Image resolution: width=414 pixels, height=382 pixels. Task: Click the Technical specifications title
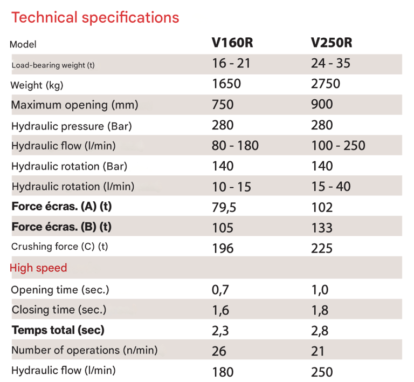point(95,17)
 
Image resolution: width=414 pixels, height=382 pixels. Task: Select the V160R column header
point(233,43)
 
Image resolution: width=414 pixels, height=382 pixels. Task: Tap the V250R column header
point(332,43)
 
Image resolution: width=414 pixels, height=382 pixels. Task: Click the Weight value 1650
point(226,84)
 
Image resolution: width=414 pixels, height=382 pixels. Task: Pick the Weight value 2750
point(326,84)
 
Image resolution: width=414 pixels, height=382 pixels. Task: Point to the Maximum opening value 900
point(322,104)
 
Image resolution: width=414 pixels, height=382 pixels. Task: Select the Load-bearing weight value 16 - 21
point(231,63)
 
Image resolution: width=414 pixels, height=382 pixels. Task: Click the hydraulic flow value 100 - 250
point(338,145)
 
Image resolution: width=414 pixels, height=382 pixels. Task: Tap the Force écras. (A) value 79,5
point(224,207)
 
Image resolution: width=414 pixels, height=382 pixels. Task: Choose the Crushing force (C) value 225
point(322,248)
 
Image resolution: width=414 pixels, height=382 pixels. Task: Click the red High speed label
point(38,268)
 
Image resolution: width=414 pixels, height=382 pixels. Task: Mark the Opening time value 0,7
point(220,290)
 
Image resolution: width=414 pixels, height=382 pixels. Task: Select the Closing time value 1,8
point(320,310)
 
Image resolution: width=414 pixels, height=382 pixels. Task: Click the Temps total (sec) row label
point(58,330)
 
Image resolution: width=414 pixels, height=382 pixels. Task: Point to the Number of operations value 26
point(219,351)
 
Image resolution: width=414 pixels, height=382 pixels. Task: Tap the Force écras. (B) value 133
point(322,228)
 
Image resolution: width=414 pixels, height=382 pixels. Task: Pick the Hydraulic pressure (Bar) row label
point(72,126)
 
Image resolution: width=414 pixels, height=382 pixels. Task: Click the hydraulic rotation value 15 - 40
point(331,187)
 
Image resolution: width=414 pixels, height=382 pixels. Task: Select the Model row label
point(23,44)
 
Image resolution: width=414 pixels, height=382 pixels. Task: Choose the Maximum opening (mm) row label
point(74,105)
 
